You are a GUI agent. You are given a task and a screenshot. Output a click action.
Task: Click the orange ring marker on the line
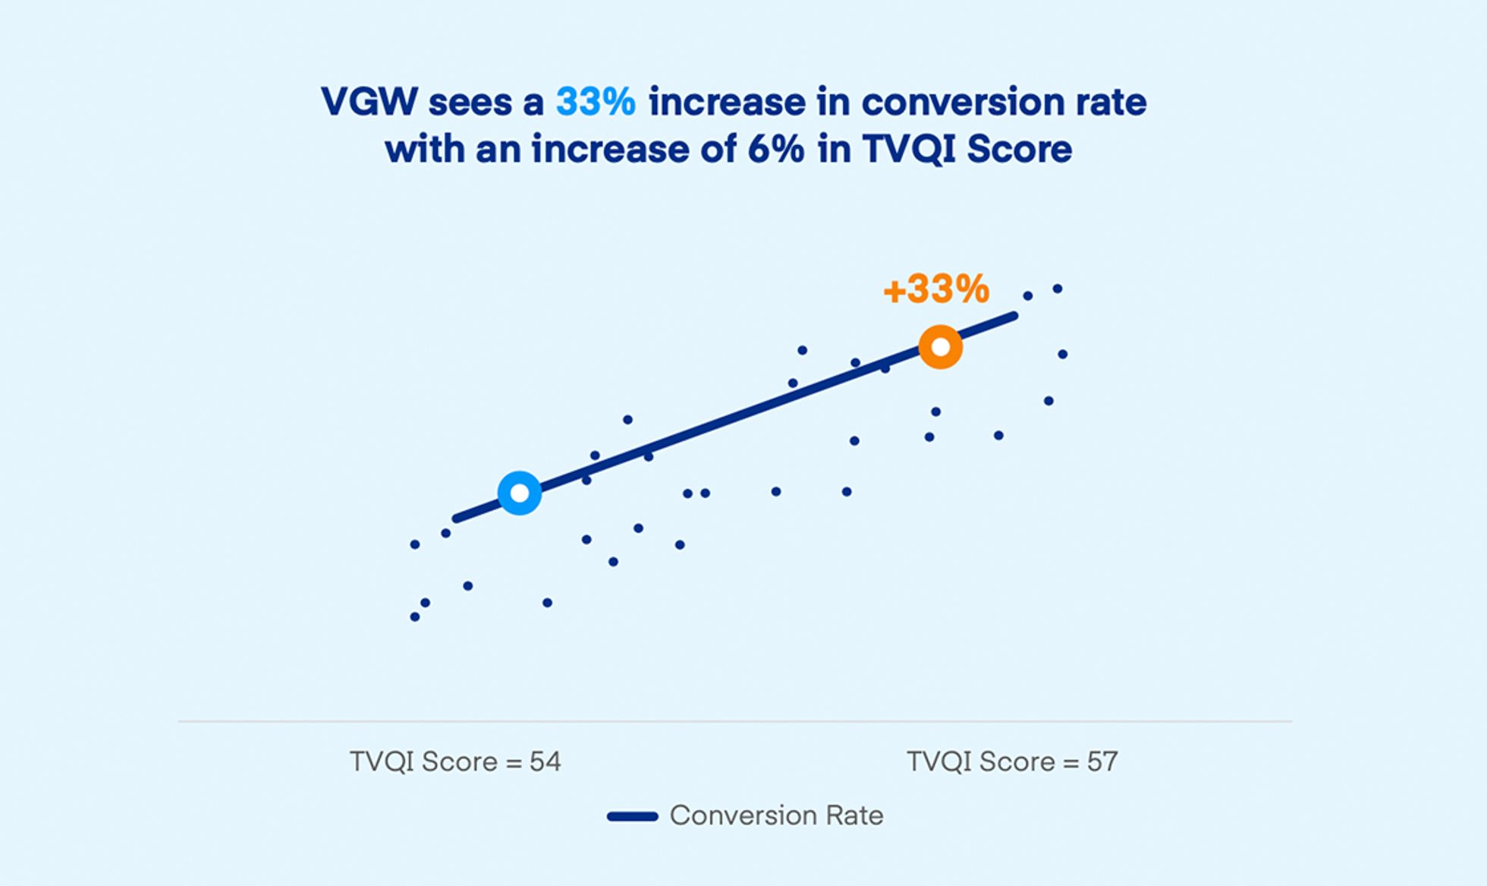(x=940, y=347)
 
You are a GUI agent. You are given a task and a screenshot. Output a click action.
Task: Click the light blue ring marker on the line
(x=520, y=493)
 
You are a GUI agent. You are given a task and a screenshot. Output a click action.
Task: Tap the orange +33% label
(x=936, y=289)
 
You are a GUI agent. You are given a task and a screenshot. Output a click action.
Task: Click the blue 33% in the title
(x=596, y=102)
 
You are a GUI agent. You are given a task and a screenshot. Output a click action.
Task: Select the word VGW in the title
(x=369, y=102)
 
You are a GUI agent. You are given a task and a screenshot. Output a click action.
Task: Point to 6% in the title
(x=775, y=150)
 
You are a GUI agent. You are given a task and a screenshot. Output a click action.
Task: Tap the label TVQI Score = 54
(x=455, y=761)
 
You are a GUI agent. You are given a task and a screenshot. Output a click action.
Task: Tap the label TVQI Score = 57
(x=1012, y=761)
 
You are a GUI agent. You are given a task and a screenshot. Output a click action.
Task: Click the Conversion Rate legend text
(x=776, y=815)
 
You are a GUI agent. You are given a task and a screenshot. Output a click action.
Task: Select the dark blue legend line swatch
(x=632, y=817)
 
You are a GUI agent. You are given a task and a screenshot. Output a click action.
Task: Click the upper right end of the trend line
(x=1013, y=316)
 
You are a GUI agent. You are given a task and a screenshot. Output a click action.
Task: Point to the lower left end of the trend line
(x=457, y=519)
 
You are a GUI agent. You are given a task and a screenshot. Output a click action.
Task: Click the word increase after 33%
(x=727, y=102)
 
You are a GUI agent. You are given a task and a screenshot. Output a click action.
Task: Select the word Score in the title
(x=1019, y=150)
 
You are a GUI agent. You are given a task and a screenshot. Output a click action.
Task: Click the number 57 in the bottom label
(x=1102, y=761)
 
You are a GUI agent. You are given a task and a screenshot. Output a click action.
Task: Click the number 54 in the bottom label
(x=545, y=761)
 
